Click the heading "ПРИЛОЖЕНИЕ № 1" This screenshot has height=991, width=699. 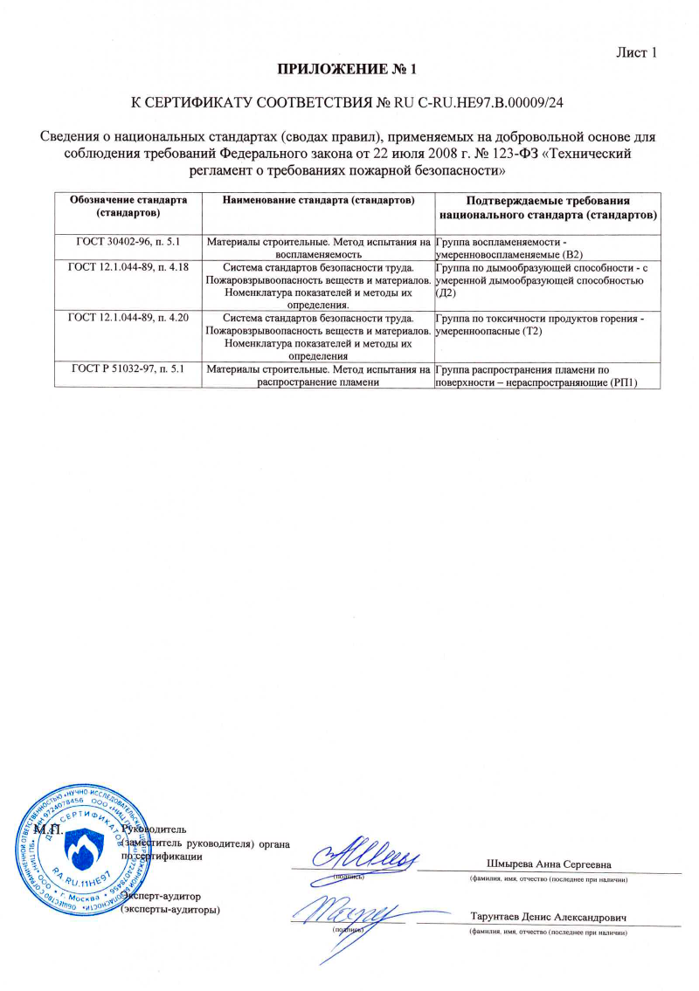click(349, 69)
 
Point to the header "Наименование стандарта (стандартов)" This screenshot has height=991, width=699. click(317, 201)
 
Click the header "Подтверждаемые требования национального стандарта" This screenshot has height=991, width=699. click(549, 207)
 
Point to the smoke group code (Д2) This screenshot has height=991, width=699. click(446, 293)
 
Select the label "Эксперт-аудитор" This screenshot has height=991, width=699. click(163, 896)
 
